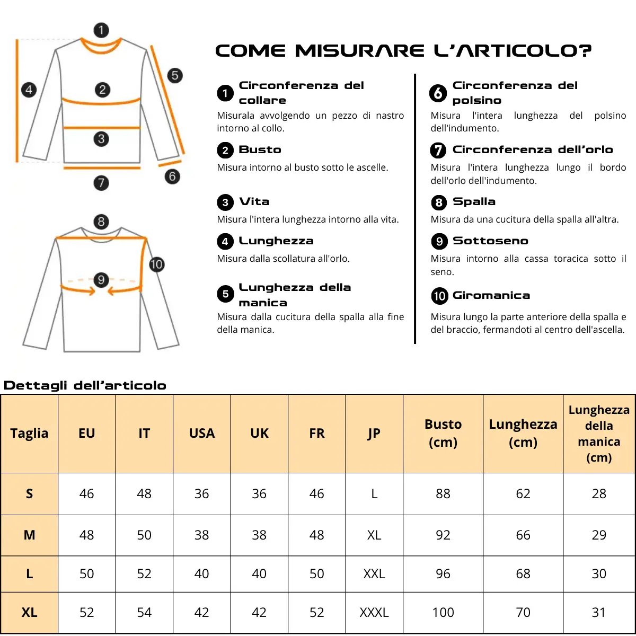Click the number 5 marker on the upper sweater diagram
[x=175, y=75]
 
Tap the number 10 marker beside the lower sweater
[x=156, y=264]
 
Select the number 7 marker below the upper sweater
[x=101, y=183]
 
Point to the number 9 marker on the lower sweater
[x=101, y=280]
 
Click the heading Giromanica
[x=491, y=296]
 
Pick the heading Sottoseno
[x=490, y=241]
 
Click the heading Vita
[x=254, y=202]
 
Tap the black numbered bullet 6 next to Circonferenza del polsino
[x=438, y=93]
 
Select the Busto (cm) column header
[x=443, y=433]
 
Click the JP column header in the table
[x=374, y=433]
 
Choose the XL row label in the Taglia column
[x=29, y=612]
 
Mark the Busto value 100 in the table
[x=443, y=612]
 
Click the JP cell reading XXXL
[x=374, y=612]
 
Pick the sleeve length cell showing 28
[x=599, y=493]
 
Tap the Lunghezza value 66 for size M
[x=523, y=535]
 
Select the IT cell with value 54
[x=144, y=612]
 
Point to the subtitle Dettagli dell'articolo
[x=85, y=385]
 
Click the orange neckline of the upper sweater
[x=101, y=50]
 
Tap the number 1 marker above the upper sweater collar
[x=101, y=30]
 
